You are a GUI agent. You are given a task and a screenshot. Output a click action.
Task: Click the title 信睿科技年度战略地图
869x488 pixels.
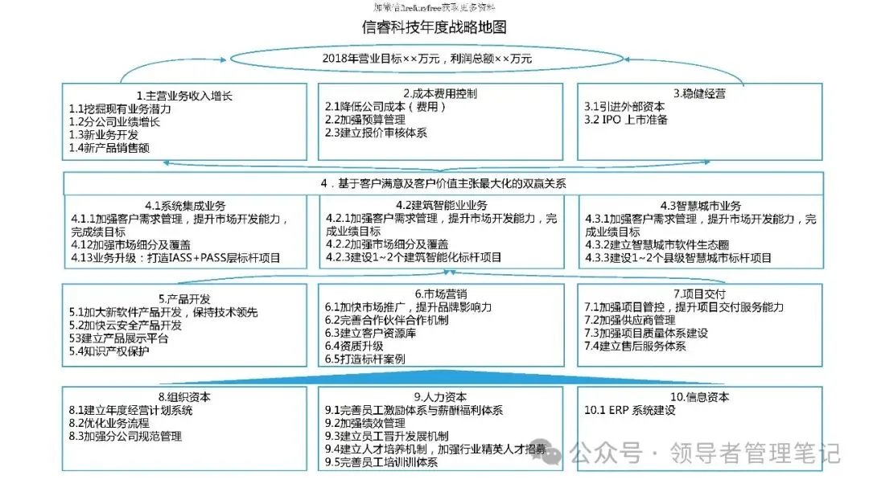[x=434, y=27]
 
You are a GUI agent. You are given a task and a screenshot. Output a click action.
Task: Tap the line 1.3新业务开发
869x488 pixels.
[x=104, y=134]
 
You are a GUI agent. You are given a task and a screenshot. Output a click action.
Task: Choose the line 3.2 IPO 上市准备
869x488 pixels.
[x=625, y=120]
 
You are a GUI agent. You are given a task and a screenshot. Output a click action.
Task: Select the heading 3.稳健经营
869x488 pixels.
[x=699, y=93]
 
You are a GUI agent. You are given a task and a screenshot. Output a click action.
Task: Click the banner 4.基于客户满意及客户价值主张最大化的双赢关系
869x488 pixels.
[x=443, y=183]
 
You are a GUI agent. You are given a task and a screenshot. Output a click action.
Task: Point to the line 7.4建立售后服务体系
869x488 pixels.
[x=635, y=346]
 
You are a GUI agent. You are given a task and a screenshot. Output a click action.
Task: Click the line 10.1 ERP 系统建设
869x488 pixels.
[x=629, y=410]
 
